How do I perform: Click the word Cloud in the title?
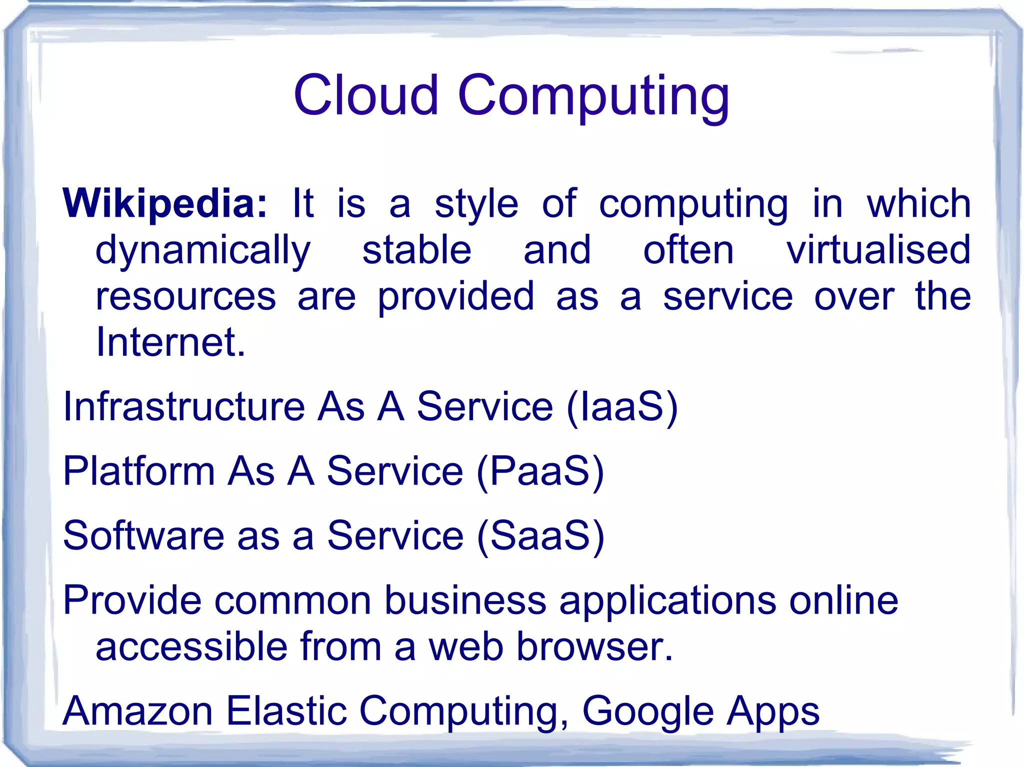pos(365,95)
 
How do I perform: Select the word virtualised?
pos(878,250)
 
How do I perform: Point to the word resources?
pos(185,297)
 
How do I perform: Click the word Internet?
pos(170,342)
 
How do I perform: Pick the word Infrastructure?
pos(184,406)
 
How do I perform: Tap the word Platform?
pos(139,471)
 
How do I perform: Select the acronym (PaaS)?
pos(540,471)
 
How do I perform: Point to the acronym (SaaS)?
pos(540,536)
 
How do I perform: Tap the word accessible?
pos(191,646)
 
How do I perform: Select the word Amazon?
pos(138,711)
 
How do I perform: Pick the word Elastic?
pos(286,711)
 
